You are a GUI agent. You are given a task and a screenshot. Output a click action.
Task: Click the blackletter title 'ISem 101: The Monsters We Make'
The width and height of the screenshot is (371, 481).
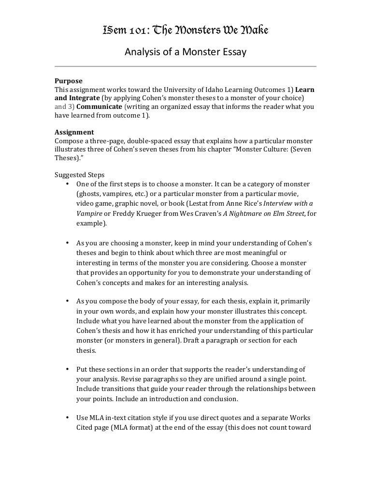[185, 31]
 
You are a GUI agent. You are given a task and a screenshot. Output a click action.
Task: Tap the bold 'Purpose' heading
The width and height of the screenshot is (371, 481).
[68, 81]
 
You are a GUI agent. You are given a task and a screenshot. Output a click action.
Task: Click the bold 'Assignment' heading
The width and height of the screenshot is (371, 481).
[74, 132]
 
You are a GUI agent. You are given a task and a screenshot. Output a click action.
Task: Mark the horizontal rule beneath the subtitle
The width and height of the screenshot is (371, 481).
[185, 66]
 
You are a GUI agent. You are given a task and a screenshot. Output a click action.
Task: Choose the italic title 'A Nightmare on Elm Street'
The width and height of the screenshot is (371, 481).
[261, 213]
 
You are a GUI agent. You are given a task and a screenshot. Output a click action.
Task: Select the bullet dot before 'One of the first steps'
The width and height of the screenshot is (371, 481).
[67, 184]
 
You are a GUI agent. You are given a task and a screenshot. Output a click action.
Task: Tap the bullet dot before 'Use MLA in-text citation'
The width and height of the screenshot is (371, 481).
[67, 418]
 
